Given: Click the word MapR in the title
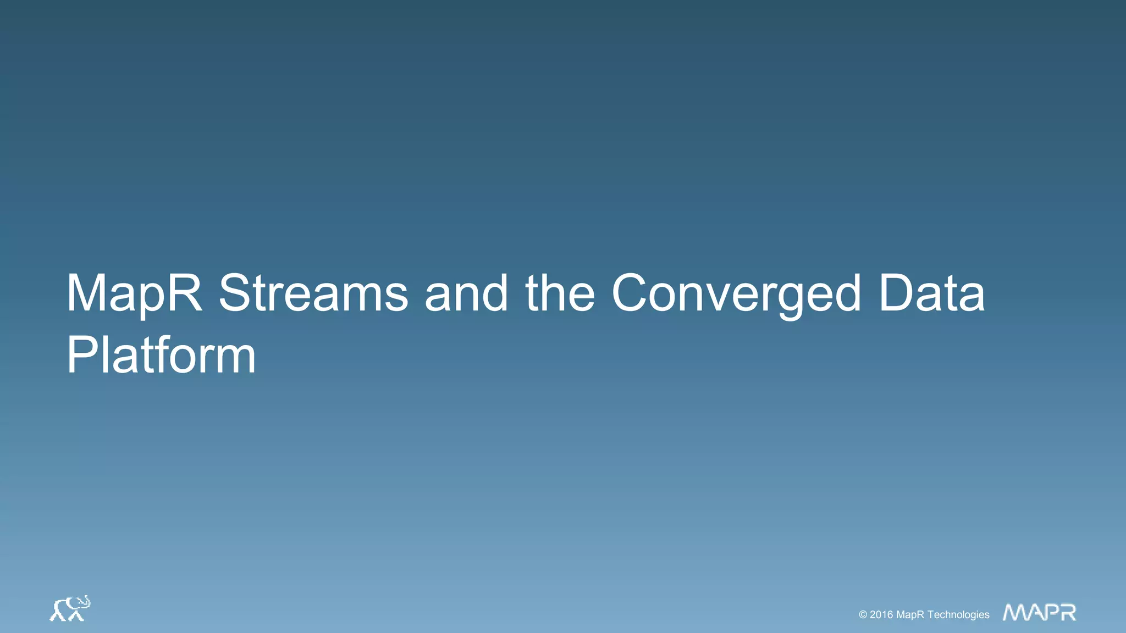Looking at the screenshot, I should tap(134, 294).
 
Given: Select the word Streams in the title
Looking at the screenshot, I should tap(313, 294).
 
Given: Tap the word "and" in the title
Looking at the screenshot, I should tap(466, 294).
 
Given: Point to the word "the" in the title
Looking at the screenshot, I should tap(560, 294).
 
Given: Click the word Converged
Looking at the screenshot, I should tap(736, 294).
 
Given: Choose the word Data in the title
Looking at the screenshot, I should tap(931, 294).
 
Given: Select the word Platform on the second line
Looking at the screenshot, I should tap(161, 356).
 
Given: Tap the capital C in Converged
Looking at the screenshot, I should tap(632, 294).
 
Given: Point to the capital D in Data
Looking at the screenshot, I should tap(896, 294).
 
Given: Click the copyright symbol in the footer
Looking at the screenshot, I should tap(863, 615).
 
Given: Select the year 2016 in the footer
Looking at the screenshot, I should tap(881, 615).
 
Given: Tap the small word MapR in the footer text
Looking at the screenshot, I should tap(910, 615).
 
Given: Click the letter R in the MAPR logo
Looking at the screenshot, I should tap(1068, 612).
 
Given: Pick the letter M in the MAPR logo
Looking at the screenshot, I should tap(1015, 612).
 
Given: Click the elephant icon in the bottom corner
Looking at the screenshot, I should tap(70, 609).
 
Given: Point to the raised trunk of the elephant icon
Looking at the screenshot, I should tap(86, 600).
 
